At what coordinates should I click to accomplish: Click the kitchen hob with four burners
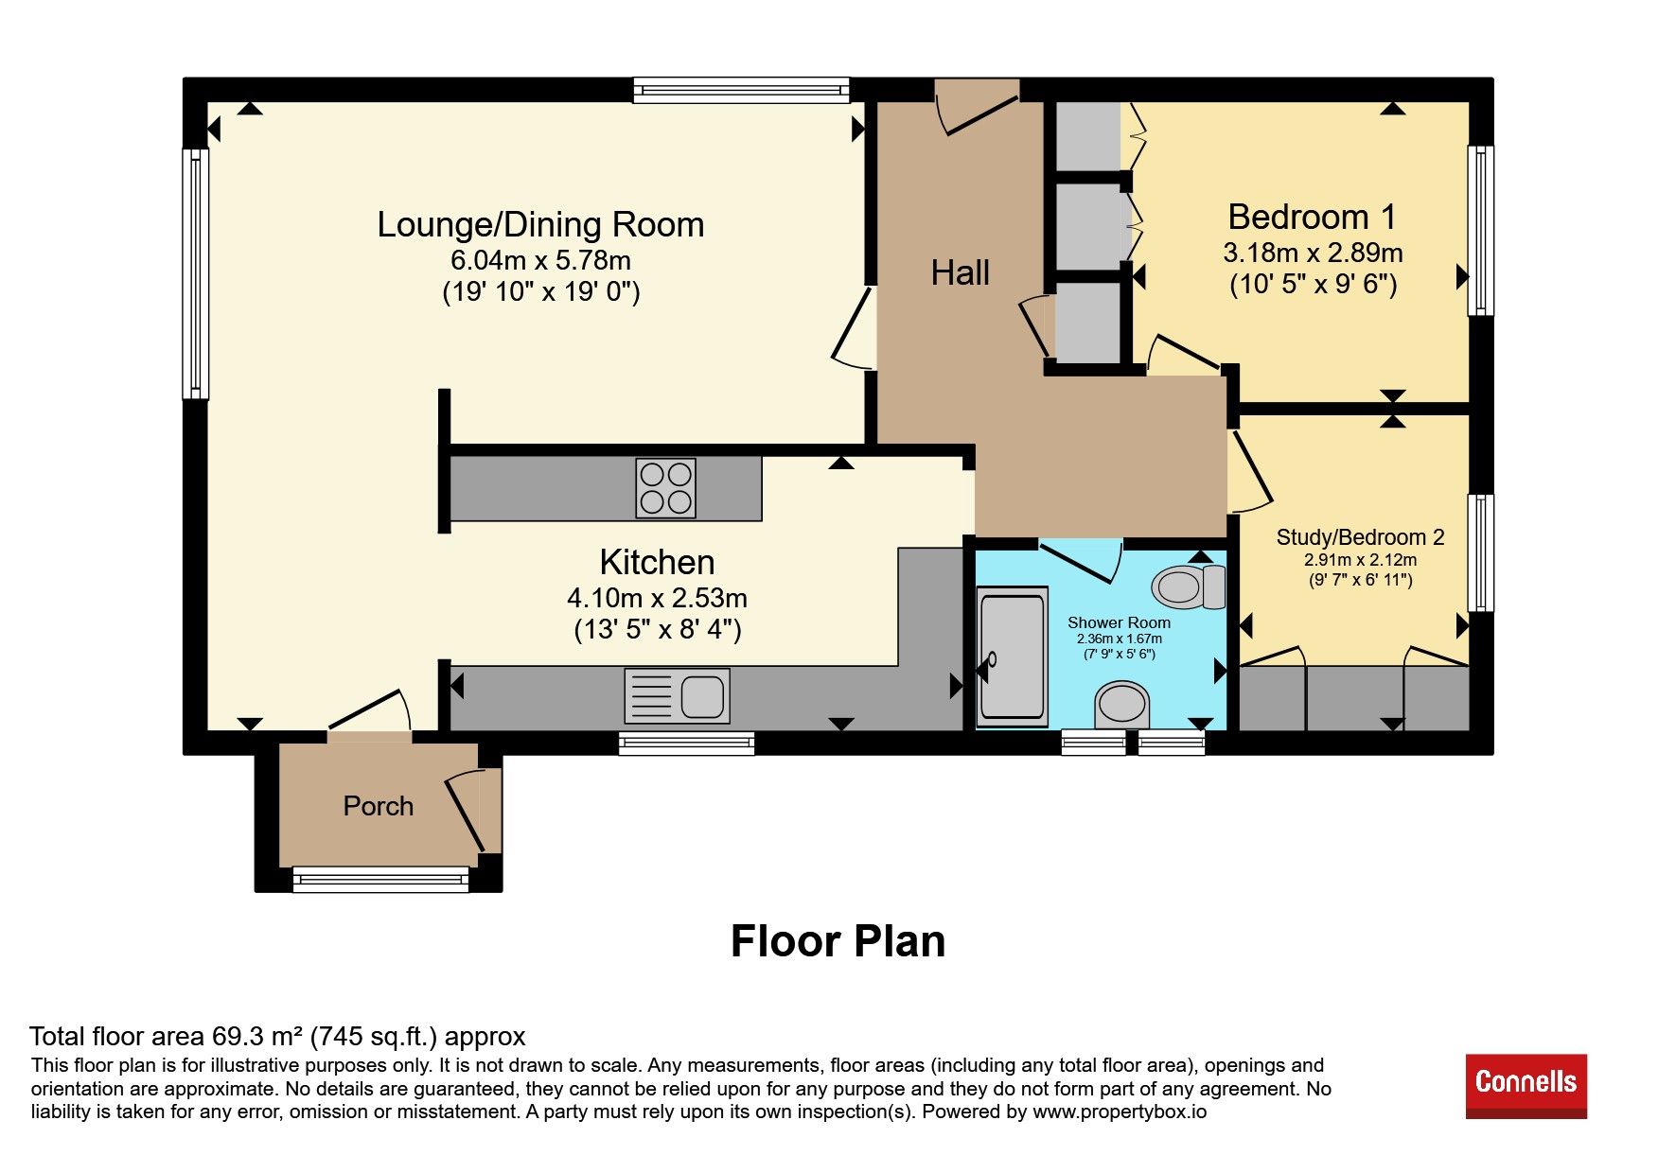click(x=666, y=488)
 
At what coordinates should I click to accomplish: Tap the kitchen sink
click(x=677, y=696)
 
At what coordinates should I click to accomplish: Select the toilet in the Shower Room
click(x=1189, y=586)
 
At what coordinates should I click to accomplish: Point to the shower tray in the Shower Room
click(x=1013, y=656)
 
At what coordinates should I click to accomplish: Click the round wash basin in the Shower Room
click(x=1121, y=704)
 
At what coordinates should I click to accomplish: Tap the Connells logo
click(x=1526, y=1086)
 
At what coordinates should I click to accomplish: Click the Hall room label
click(x=960, y=272)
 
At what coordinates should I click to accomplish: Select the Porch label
click(x=379, y=806)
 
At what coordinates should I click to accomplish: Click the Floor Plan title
click(x=838, y=941)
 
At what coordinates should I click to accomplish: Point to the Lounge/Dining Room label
click(x=540, y=225)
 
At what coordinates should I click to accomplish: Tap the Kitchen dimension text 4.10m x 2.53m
click(x=657, y=598)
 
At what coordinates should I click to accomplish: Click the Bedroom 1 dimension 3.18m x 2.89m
click(x=1313, y=253)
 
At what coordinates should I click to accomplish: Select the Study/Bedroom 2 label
click(x=1360, y=537)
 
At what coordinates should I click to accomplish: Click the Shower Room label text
click(x=1119, y=622)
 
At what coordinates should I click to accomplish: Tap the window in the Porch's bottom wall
click(x=380, y=880)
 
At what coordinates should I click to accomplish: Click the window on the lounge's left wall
click(x=196, y=273)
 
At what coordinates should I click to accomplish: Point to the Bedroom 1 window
click(x=1481, y=230)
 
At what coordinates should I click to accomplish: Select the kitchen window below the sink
click(x=686, y=743)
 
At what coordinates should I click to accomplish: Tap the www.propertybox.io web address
click(x=1120, y=1112)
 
